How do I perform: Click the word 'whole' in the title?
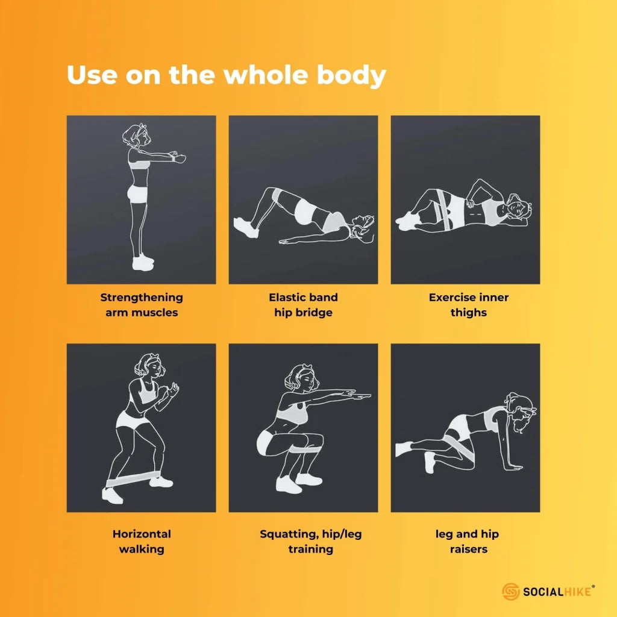pyautogui.click(x=266, y=75)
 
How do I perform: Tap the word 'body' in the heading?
pyautogui.click(x=351, y=76)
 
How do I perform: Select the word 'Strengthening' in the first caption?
pyautogui.click(x=142, y=298)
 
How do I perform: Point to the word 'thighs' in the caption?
pyautogui.click(x=469, y=313)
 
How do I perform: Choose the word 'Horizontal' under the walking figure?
pyautogui.click(x=142, y=534)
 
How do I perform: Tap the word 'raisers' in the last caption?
pyautogui.click(x=469, y=549)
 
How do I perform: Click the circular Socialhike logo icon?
pyautogui.click(x=511, y=592)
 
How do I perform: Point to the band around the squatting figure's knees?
pyautogui.click(x=307, y=449)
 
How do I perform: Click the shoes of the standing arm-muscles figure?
pyautogui.click(x=142, y=262)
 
